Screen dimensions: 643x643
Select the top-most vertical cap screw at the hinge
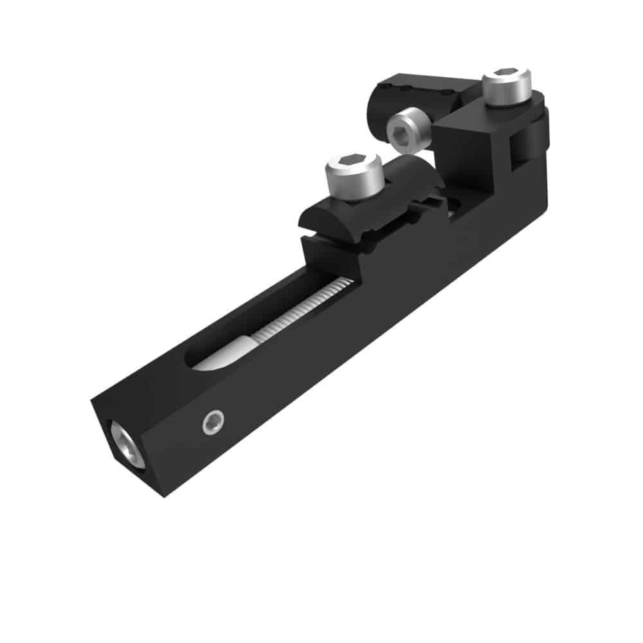coord(507,86)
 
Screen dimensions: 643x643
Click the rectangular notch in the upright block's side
coord(516,151)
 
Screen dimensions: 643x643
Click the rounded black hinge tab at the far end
coord(538,138)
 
